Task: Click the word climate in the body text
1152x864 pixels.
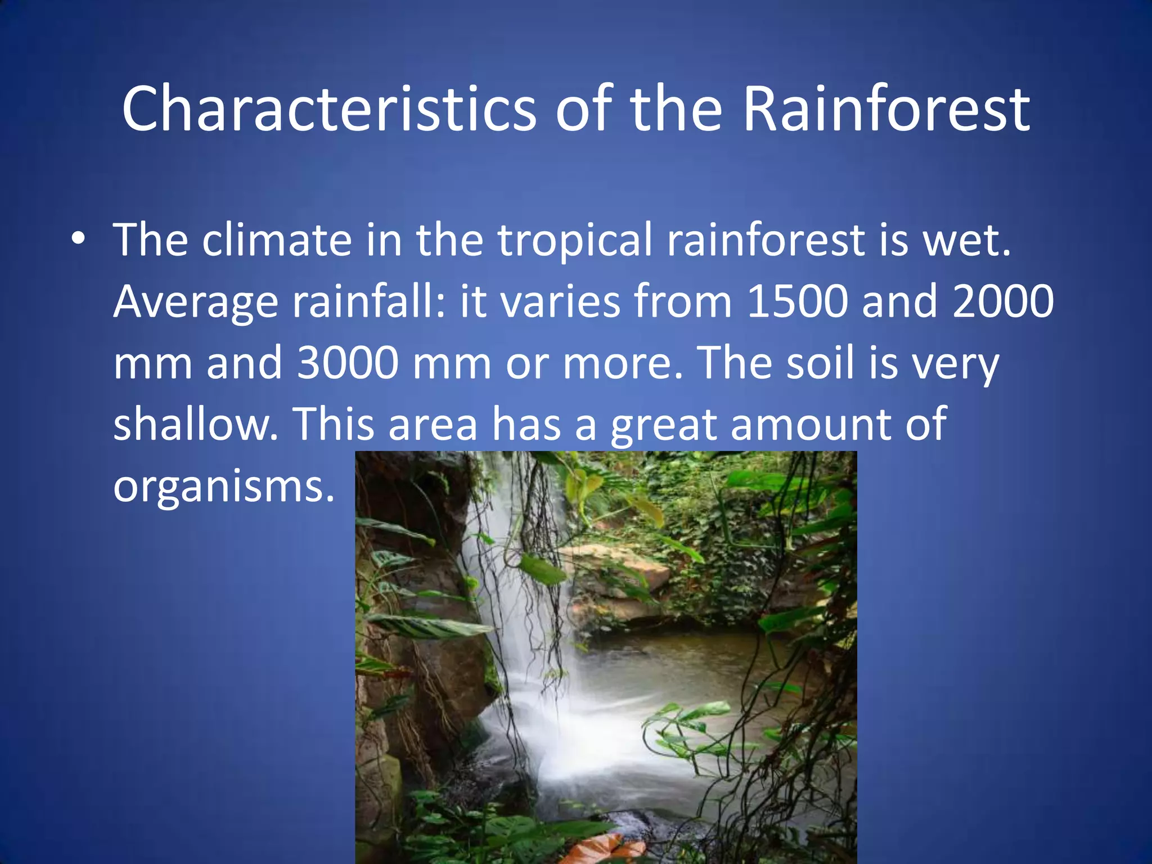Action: [x=277, y=240]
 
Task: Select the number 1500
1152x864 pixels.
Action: [x=797, y=301]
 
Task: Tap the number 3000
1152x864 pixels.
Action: [x=348, y=363]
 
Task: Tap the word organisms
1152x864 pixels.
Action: [x=223, y=487]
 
